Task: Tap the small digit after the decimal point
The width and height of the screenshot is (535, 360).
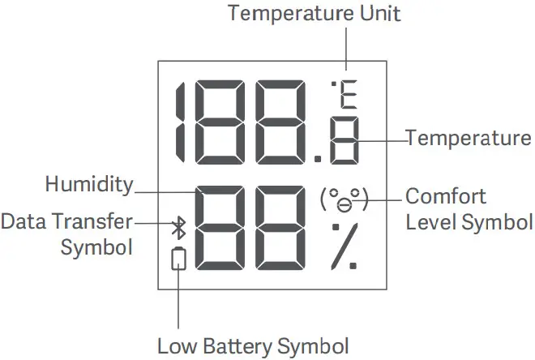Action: (345, 141)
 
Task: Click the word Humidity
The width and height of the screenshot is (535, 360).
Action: (89, 185)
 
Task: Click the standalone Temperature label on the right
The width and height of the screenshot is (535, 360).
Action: (469, 138)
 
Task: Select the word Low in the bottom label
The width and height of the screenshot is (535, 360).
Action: (173, 346)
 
